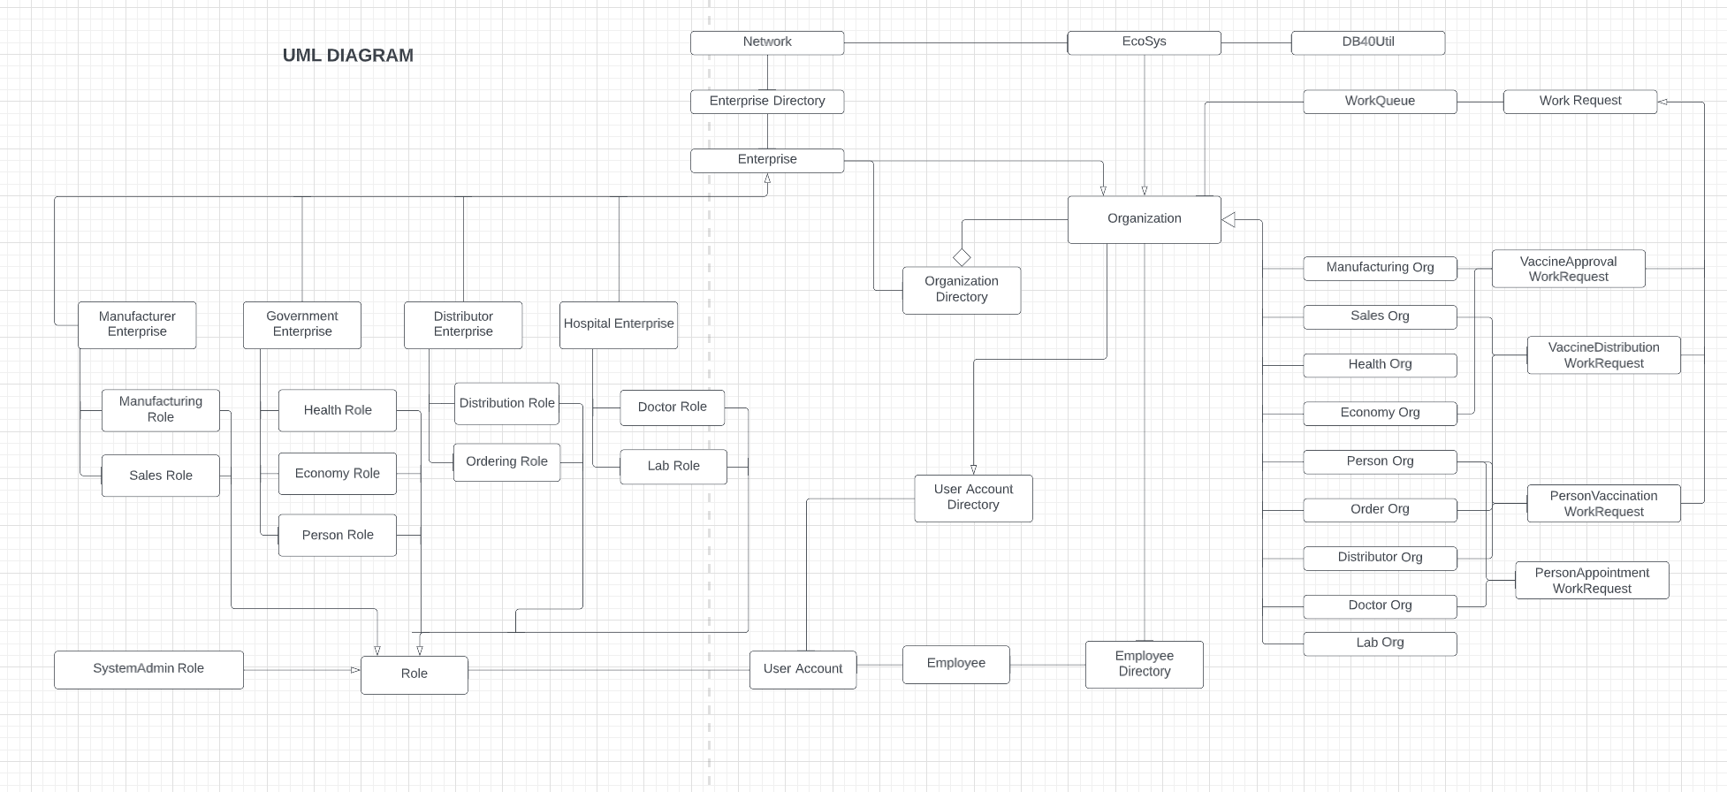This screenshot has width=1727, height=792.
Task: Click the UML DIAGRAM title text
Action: coord(347,56)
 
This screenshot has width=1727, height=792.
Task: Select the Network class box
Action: coord(766,42)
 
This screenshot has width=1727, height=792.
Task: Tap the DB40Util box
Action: coord(1367,42)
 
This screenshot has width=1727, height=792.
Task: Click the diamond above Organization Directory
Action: coord(962,257)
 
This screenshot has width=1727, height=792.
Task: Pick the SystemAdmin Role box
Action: coord(148,669)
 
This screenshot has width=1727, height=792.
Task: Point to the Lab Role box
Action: coord(673,467)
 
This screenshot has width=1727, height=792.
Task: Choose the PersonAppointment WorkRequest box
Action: coord(1591,581)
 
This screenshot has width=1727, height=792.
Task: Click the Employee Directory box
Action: coord(1144,664)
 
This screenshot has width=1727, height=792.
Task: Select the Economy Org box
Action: coord(1379,413)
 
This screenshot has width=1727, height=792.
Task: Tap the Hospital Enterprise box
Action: coord(618,324)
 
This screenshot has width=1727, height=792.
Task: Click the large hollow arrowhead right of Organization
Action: coord(1229,219)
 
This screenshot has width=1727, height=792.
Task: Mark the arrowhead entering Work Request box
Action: coord(1662,102)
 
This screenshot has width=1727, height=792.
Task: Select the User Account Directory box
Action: coord(972,498)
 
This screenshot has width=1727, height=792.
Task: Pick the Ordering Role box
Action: coord(506,462)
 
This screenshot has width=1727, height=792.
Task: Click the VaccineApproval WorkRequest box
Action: coord(1568,269)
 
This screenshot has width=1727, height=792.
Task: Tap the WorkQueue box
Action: coord(1379,102)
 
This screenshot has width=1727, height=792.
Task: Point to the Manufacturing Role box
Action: coord(160,410)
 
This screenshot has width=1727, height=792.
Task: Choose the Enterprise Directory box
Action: coord(766,102)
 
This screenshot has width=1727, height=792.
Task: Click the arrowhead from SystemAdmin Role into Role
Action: coord(355,670)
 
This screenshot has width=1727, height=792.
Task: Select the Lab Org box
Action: coord(1379,643)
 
